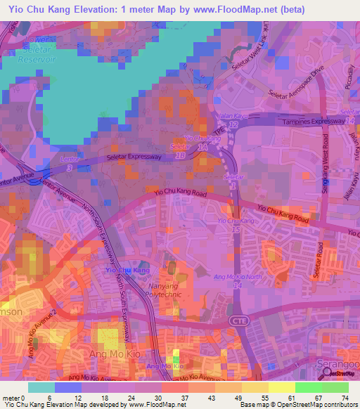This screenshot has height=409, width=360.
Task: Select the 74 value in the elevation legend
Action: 345,397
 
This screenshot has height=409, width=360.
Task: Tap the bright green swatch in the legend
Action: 309,387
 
